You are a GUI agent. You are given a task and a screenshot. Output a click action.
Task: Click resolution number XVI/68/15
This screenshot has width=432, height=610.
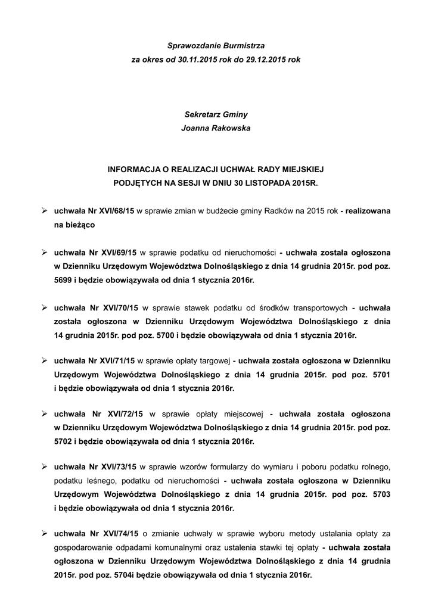click(115, 211)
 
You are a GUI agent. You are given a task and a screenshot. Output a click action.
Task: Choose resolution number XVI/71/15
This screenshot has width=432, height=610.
click(116, 361)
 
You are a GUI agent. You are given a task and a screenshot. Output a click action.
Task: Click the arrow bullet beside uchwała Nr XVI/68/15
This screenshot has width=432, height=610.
click(44, 211)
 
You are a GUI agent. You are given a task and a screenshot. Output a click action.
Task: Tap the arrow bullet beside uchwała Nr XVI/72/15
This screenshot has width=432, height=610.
click(44, 413)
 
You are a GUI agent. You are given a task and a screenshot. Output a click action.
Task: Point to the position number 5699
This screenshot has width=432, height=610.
click(64, 279)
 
